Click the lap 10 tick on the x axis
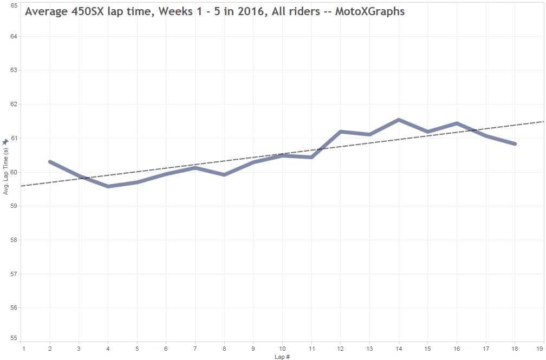tap(282, 349)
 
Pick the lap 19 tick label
tap(540, 349)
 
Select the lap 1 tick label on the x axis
tap(23, 349)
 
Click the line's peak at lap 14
tap(399, 120)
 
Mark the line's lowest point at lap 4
tap(108, 186)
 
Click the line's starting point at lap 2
tap(50, 162)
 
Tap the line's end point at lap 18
tap(515, 144)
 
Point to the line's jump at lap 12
tap(341, 132)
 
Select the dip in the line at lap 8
tap(224, 174)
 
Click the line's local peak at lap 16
tap(457, 123)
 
